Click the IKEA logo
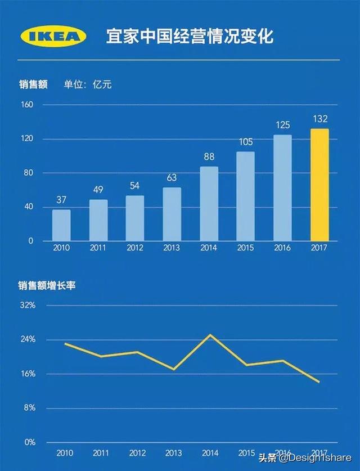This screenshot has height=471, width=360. (x=54, y=37)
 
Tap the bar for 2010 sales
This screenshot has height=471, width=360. (x=61, y=225)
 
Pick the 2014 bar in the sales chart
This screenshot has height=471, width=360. (x=209, y=204)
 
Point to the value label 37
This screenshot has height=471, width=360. (x=61, y=200)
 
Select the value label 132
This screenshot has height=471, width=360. (x=319, y=119)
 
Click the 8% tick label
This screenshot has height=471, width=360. (x=29, y=408)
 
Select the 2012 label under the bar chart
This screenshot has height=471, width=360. (x=135, y=248)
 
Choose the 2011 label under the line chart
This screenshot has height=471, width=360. (x=101, y=452)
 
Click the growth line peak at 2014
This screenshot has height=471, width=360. (x=210, y=335)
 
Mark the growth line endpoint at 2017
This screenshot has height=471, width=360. (x=319, y=382)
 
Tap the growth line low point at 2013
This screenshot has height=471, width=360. (x=174, y=369)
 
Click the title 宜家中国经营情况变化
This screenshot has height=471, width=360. (x=190, y=37)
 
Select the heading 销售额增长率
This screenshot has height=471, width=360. (x=46, y=285)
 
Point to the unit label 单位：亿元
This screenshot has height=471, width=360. (x=88, y=84)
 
